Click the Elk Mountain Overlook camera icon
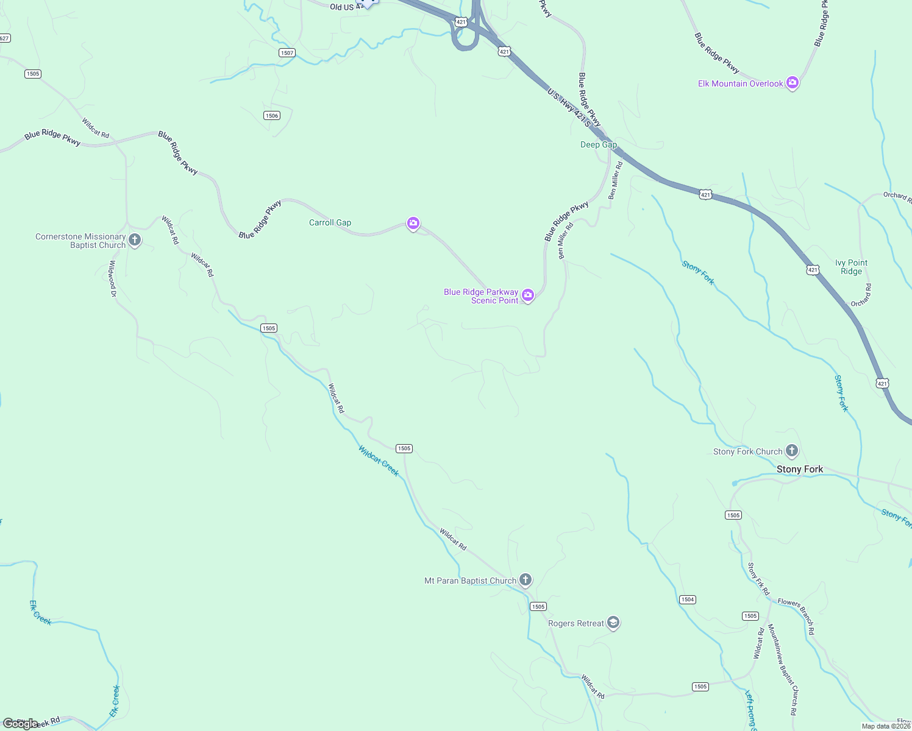792,83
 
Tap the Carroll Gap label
330,223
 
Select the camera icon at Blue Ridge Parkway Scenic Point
528,296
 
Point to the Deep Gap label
598,145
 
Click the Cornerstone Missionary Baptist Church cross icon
135,240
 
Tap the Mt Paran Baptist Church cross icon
525,580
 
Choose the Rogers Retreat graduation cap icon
613,623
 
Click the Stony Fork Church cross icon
791,451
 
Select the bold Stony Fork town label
799,469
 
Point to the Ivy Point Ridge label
851,267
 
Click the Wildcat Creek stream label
379,461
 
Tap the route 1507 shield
287,53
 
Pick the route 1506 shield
272,116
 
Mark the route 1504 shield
688,599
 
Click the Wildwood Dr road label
113,278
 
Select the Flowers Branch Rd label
796,616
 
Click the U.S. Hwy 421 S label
569,108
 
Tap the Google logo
20,724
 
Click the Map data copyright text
886,726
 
